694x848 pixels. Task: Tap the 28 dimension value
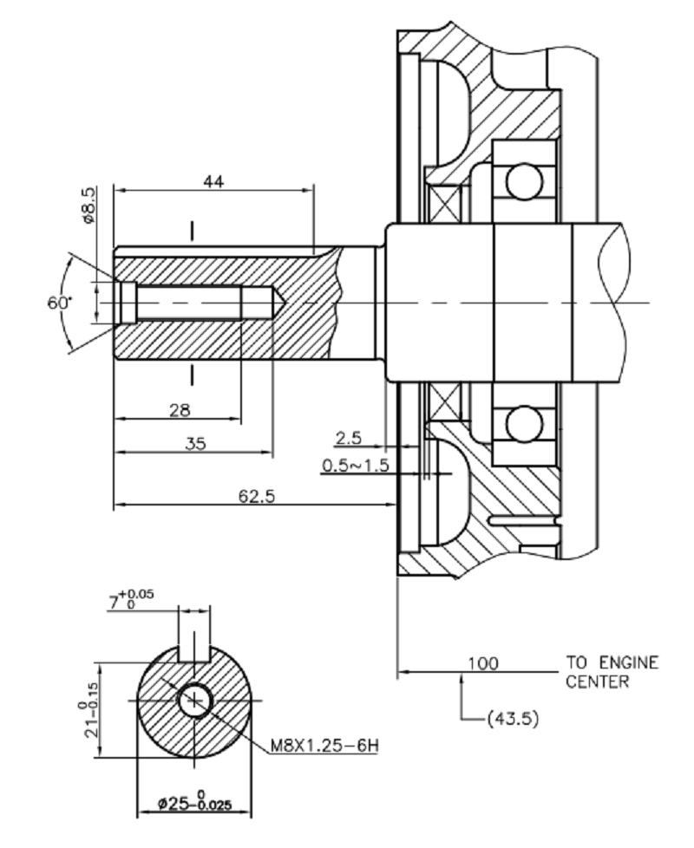click(x=180, y=409)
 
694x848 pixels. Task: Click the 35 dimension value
click(x=195, y=443)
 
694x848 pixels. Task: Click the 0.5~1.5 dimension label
click(x=355, y=466)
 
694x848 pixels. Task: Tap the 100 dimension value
click(x=482, y=663)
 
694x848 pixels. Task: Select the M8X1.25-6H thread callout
click(x=324, y=745)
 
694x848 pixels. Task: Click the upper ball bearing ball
click(x=524, y=183)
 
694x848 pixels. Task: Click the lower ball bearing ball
click(x=524, y=424)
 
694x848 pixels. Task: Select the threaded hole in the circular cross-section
click(x=193, y=699)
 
